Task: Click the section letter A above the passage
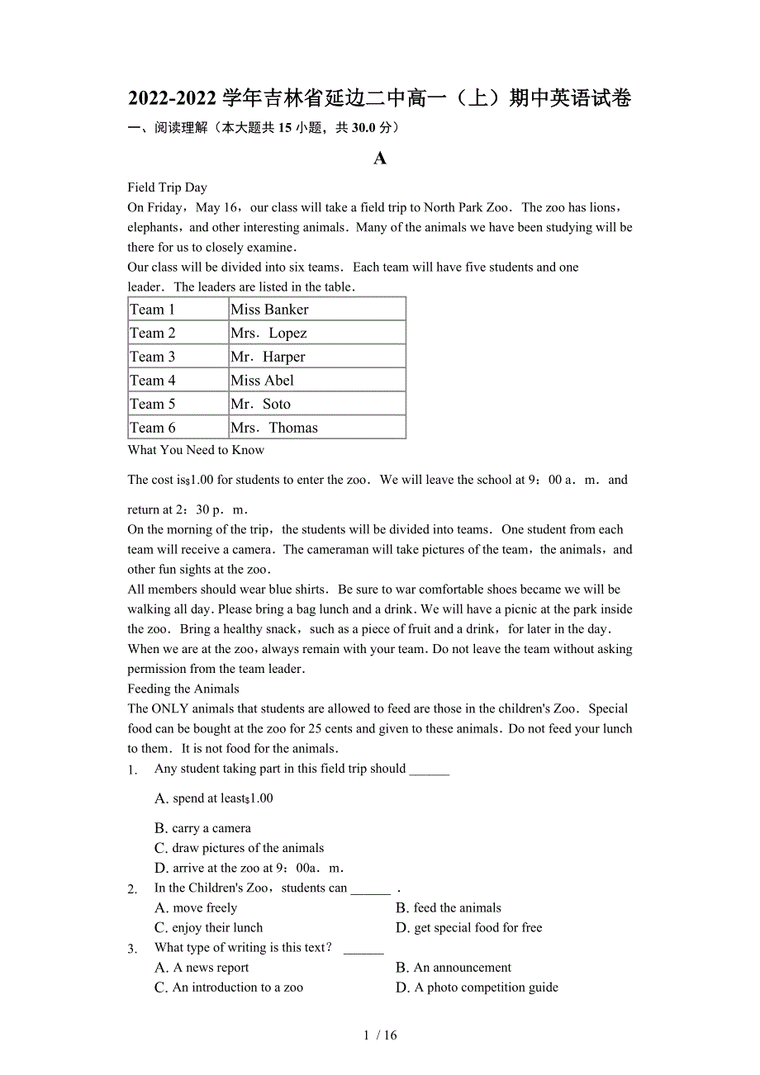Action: pos(380,159)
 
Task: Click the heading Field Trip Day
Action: pos(168,187)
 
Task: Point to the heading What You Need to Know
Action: pos(196,450)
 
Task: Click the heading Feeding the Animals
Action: pos(183,689)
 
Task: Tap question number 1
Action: pos(132,770)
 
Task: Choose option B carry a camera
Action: pos(203,828)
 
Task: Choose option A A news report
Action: pos(202,967)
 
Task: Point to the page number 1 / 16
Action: pos(380,1035)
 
